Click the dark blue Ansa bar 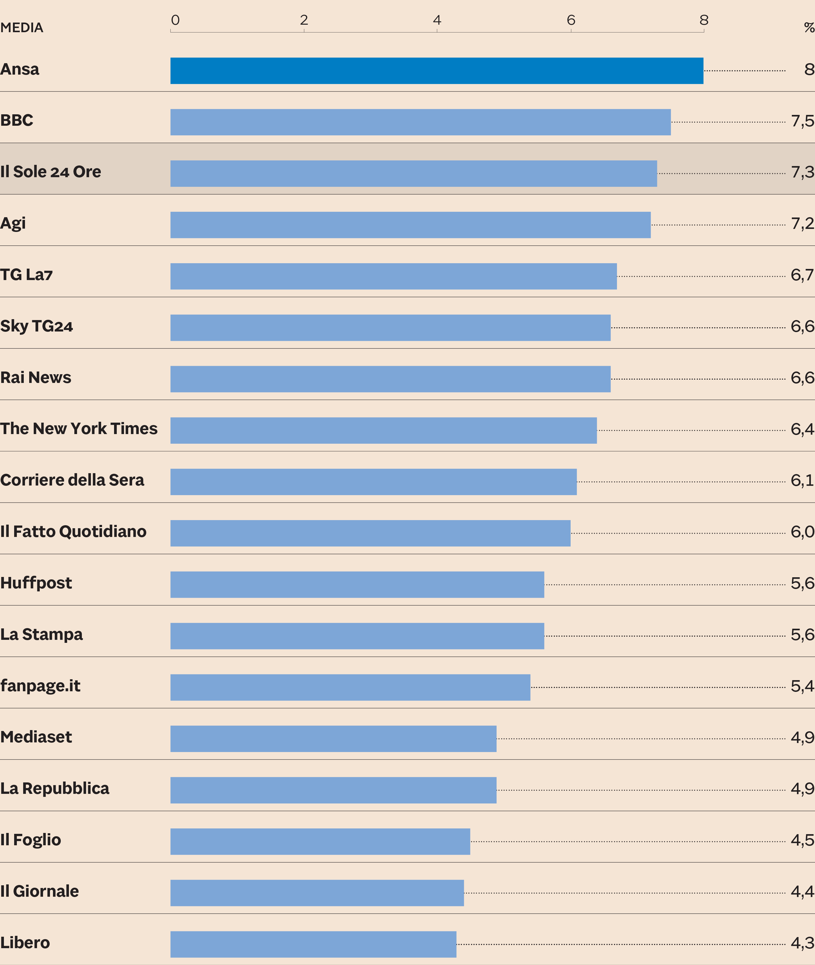[x=437, y=71]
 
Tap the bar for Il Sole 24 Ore [x=414, y=174]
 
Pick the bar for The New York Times [x=383, y=430]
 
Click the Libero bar [x=313, y=944]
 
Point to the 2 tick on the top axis [x=304, y=20]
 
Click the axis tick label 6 [x=571, y=20]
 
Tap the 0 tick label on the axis [x=175, y=20]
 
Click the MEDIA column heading [x=22, y=28]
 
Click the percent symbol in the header [x=809, y=28]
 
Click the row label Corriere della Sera [x=72, y=480]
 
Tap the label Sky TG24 [x=36, y=326]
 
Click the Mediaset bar [x=333, y=739]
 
